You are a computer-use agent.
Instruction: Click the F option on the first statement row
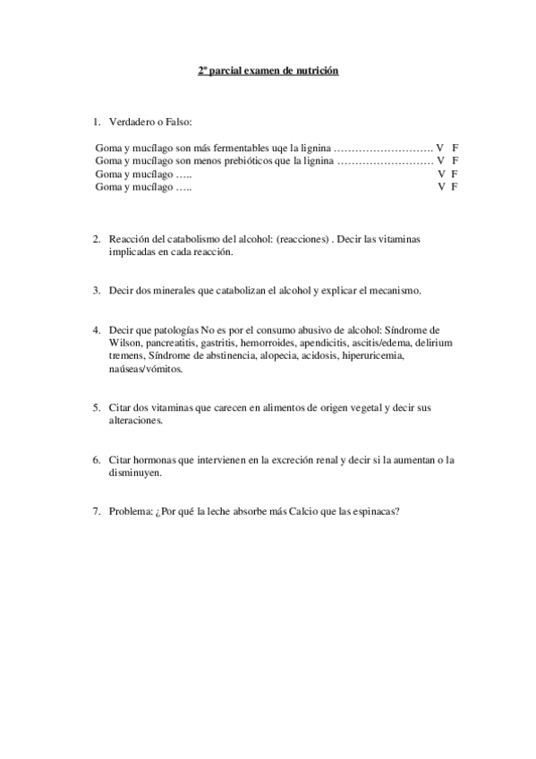[455, 146]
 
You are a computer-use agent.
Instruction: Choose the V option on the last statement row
[441, 187]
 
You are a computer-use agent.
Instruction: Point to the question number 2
[96, 239]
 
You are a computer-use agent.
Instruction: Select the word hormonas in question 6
[154, 460]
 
